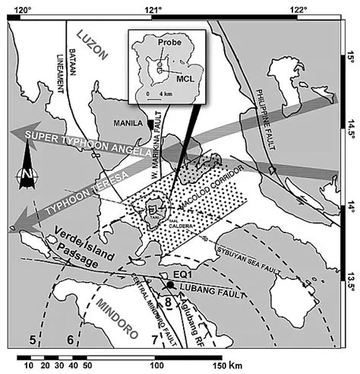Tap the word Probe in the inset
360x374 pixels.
168,45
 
